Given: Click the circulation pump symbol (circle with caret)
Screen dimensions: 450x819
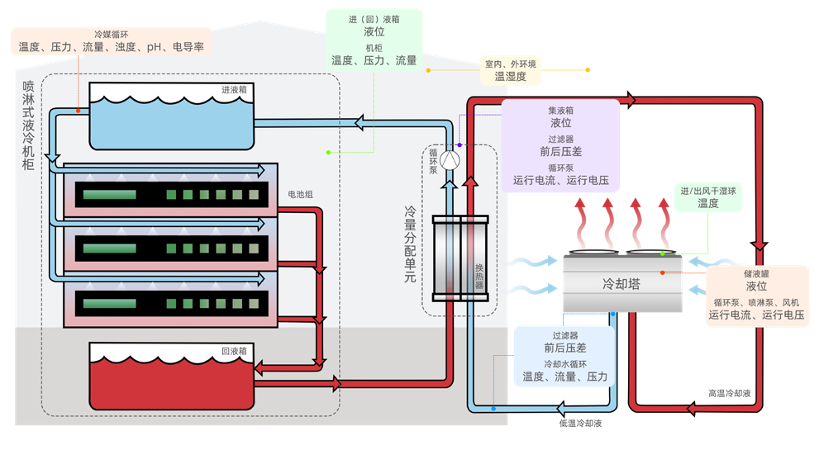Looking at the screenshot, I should (x=449, y=159).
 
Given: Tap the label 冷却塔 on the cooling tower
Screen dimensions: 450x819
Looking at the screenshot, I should (x=621, y=284).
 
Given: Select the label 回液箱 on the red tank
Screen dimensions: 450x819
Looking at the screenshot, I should (x=234, y=350).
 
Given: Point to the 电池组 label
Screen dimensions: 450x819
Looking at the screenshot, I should (x=300, y=194).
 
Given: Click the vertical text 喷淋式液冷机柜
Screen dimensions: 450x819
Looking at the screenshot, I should (x=29, y=124).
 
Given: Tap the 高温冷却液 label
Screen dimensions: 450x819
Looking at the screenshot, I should (x=729, y=394).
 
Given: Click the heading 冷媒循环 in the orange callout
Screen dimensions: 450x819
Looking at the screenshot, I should (x=111, y=34).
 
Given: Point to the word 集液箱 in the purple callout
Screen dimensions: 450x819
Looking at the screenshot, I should (x=560, y=110).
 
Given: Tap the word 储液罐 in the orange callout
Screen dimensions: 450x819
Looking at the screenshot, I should (x=756, y=272).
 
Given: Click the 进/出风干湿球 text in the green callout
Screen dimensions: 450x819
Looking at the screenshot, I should (x=707, y=190).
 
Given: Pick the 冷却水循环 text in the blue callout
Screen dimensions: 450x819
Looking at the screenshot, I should (x=564, y=363).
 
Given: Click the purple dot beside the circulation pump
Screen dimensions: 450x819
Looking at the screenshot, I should (x=459, y=145).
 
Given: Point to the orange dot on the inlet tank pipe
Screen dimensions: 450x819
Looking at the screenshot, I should (x=79, y=109).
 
